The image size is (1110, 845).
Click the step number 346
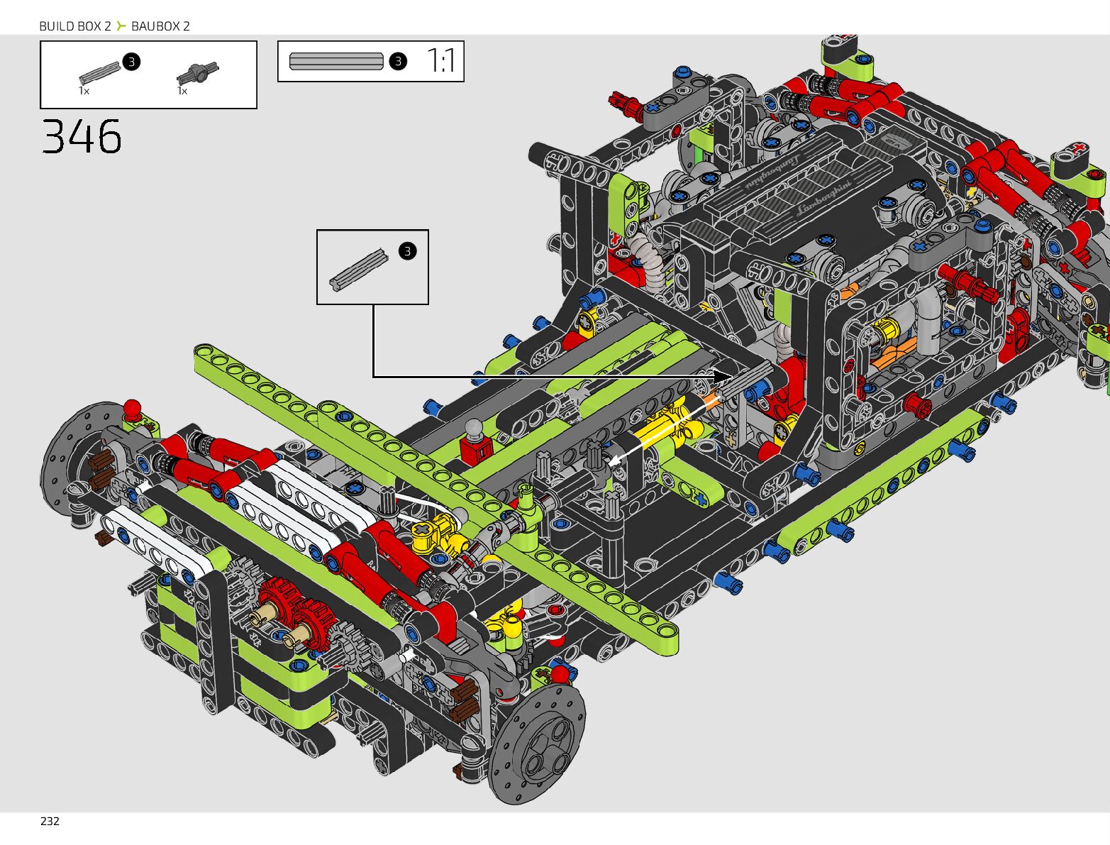click(82, 136)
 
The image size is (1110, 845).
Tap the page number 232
click(50, 821)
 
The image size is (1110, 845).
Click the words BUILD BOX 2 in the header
click(75, 26)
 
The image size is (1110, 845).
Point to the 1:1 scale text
click(441, 61)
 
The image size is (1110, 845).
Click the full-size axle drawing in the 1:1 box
click(336, 61)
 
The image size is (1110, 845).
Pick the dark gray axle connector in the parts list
click(198, 73)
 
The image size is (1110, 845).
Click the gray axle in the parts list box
click(100, 72)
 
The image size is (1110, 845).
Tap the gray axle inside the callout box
click(359, 270)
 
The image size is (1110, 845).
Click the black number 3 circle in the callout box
click(408, 251)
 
